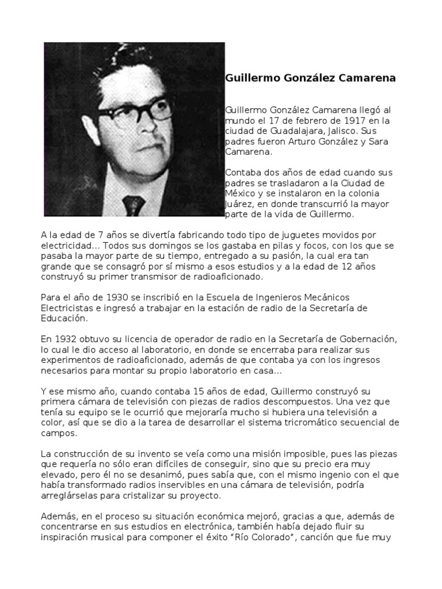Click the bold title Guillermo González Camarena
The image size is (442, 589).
point(310,78)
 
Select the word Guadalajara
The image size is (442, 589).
point(282,131)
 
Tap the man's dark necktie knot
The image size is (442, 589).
point(134,202)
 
